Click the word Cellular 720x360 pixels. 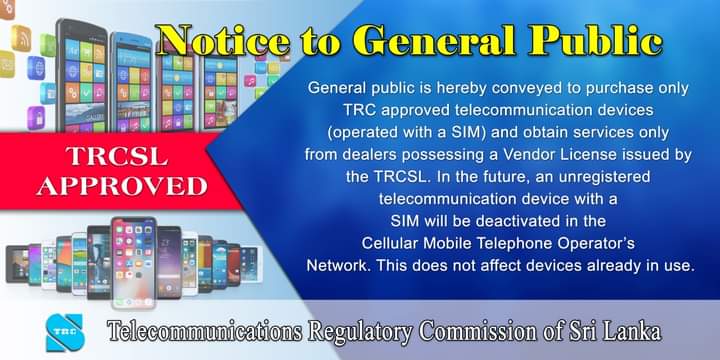(x=395, y=243)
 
